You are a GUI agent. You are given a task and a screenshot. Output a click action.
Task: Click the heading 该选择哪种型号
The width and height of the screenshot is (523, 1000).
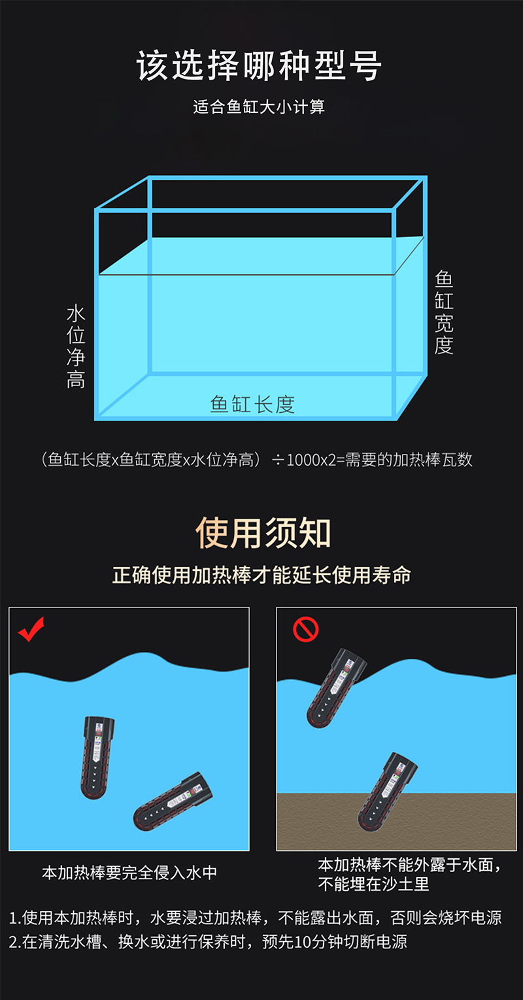pos(259,65)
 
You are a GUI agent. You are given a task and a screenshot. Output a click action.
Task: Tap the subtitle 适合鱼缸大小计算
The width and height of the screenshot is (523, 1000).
pos(259,107)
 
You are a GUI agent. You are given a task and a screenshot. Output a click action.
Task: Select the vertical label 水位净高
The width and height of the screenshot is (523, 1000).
pos(76,346)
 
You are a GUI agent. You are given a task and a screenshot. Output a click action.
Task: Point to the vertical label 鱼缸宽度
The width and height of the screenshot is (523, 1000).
pos(444,312)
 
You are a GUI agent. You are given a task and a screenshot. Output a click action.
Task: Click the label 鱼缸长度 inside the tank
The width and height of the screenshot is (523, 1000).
pos(252,404)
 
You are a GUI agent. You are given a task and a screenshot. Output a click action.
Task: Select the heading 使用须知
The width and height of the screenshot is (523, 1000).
pos(263,532)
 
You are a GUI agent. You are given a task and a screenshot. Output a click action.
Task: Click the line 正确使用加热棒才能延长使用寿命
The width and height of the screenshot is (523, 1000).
pos(261,575)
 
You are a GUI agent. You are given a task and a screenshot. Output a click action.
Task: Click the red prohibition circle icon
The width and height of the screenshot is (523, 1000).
pos(306,630)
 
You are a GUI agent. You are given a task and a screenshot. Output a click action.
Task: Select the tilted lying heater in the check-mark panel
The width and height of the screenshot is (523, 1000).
pos(173,802)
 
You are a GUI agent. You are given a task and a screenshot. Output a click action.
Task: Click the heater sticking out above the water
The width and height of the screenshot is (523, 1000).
pos(336,688)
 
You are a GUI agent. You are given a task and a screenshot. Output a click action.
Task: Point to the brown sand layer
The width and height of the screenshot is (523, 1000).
pos(396,822)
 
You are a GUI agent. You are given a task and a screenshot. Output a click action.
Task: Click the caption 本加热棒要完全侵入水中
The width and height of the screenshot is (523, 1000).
pos(129,873)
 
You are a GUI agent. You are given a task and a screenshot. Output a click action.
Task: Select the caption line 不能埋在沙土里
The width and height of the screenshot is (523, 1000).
pos(374,884)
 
